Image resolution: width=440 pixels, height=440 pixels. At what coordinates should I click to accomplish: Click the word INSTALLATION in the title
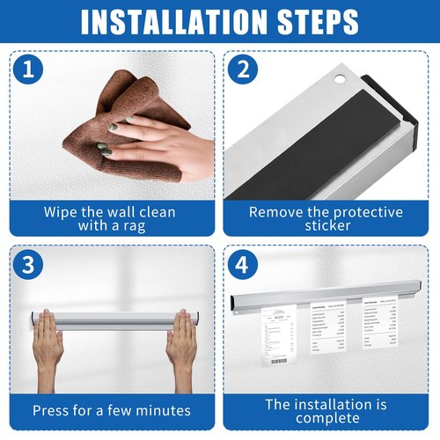point(163,23)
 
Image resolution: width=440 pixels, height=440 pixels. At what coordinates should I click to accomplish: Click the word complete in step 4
point(326,419)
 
